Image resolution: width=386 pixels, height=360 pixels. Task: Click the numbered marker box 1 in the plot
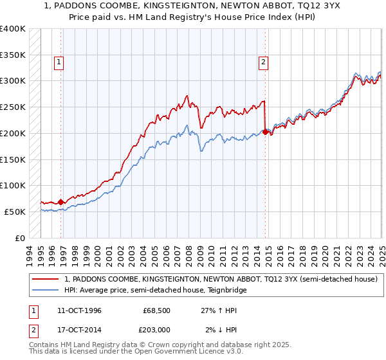[59, 62]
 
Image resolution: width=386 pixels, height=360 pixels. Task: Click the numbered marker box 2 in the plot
[264, 62]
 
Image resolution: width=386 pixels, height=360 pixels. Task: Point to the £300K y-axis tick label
[13, 81]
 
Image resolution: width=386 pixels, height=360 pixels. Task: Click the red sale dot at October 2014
[265, 132]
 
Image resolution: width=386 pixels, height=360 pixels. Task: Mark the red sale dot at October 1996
[61, 202]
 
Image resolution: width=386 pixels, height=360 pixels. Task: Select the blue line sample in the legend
[46, 290]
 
